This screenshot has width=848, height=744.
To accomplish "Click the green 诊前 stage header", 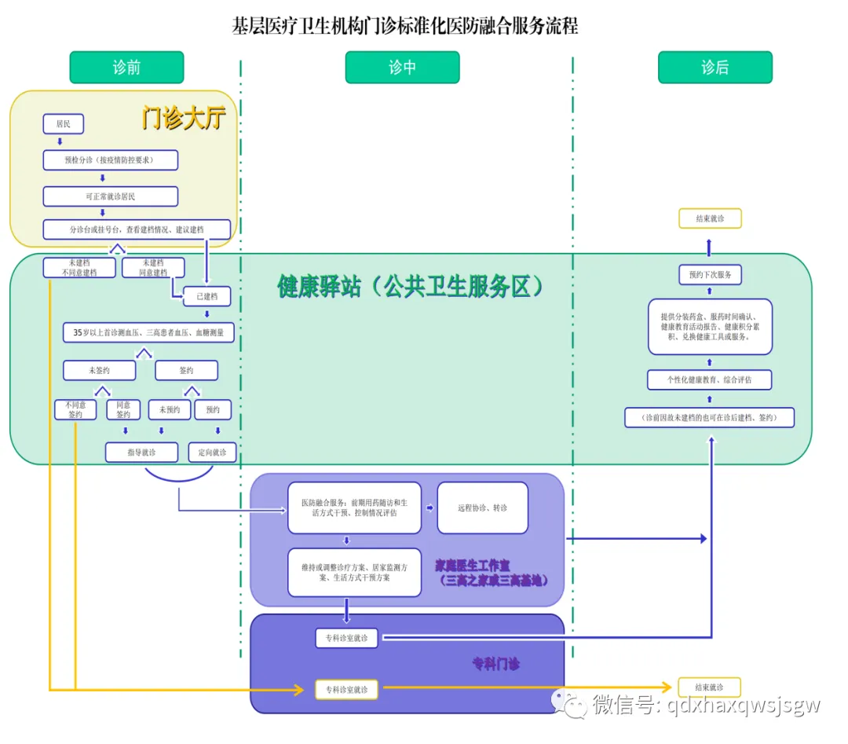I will pos(126,68).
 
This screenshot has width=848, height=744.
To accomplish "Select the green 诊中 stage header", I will pos(402,68).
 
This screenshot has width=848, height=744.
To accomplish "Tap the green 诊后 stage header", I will pos(715,68).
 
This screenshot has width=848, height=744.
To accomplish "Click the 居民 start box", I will pos(63,123).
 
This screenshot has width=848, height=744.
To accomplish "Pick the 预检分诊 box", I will pos(110,160).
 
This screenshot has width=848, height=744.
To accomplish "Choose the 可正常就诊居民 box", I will pos(110,196).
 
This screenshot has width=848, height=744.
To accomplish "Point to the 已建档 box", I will pos(207,296).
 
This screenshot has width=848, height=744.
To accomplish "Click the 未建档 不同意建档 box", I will pos(79,268).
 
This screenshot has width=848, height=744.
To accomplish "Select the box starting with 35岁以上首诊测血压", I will pos(148,332).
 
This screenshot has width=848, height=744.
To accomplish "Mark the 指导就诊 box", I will pos(141,453).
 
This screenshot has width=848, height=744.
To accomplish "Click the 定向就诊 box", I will pos(212,453).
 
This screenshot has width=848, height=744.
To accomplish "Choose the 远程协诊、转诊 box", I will pos(482,508).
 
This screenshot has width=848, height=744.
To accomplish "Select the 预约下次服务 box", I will pos(710,275).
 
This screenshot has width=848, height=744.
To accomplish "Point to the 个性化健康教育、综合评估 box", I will pos(710,379).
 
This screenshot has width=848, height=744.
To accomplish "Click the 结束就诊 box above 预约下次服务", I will pos(710,218).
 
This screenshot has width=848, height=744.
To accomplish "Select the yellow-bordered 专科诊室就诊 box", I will pos(346,690).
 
